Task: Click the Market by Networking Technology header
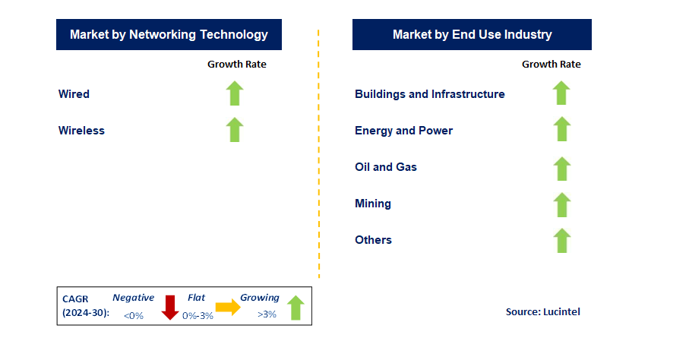coord(169,35)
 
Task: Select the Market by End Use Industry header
coord(472,35)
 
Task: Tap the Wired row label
coord(74,94)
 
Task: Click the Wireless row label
coord(81,131)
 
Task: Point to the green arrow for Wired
coord(235,93)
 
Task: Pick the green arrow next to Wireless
coord(235,130)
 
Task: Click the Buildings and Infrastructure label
coord(429,94)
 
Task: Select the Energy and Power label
coord(403,131)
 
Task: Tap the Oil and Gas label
coord(386,167)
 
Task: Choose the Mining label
coord(373,204)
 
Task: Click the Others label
coord(373,240)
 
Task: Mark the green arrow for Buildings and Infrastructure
coord(561,93)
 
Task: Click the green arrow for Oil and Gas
coord(561,168)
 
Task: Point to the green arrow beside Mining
coord(561,204)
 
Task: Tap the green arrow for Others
coord(561,241)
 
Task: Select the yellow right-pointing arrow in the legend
coord(227,307)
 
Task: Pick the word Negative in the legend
coord(133,298)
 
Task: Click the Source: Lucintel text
coord(542,311)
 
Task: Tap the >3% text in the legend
coord(267,315)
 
